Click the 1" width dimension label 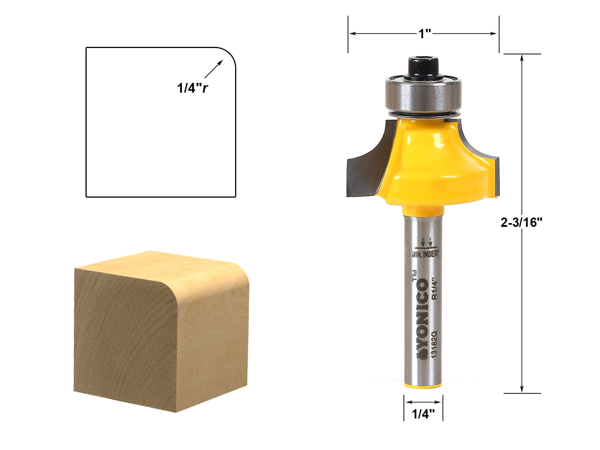[x=425, y=34]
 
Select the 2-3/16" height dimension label [x=522, y=223]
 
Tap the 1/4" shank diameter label [x=423, y=414]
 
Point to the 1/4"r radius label [x=192, y=88]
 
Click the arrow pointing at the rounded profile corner [x=214, y=69]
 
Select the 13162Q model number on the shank [x=435, y=343]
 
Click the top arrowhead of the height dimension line [x=522, y=57]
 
